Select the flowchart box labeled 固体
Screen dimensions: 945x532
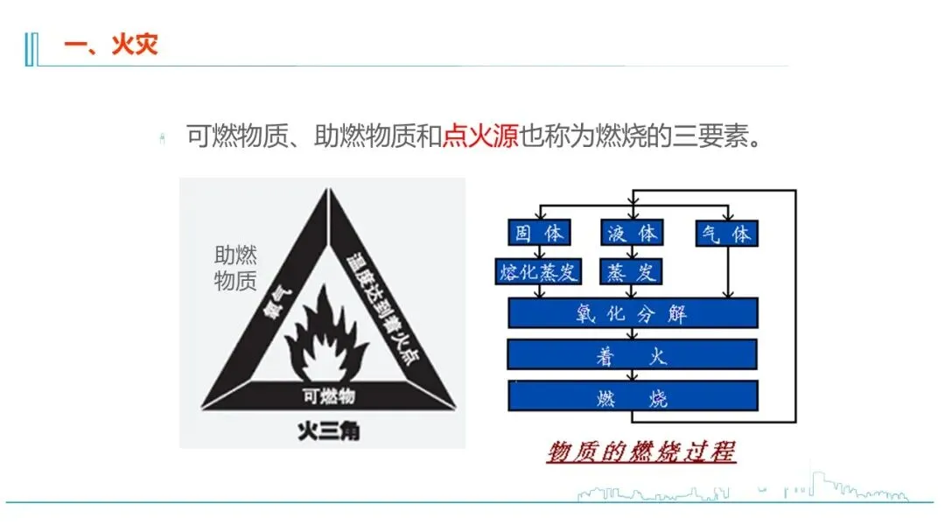[540, 233]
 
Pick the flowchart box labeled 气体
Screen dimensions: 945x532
[726, 233]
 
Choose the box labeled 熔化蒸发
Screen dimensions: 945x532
[538, 271]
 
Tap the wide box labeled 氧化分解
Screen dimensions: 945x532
[633, 313]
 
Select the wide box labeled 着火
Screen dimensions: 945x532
[633, 354]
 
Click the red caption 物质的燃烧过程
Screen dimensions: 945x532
[641, 451]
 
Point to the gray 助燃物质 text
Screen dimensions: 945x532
[235, 268]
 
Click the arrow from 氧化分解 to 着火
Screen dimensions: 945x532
[633, 333]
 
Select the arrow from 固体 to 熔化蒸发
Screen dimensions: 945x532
[540, 252]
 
